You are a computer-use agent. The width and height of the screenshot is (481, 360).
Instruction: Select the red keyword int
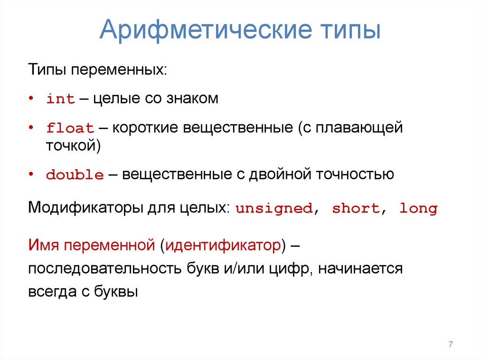point(61,100)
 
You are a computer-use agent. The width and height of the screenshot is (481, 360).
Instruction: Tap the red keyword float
point(70,128)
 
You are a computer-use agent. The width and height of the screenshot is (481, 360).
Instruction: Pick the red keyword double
point(75,176)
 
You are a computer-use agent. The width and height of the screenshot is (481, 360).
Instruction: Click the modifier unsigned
point(274,209)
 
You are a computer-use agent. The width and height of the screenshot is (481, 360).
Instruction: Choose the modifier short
point(356,209)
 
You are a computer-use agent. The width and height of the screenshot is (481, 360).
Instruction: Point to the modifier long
point(418,209)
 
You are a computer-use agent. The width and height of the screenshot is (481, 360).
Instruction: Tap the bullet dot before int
point(31,99)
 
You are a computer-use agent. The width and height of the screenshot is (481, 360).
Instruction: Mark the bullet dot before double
point(31,175)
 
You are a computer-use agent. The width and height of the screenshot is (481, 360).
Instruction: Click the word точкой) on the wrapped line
point(73,146)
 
